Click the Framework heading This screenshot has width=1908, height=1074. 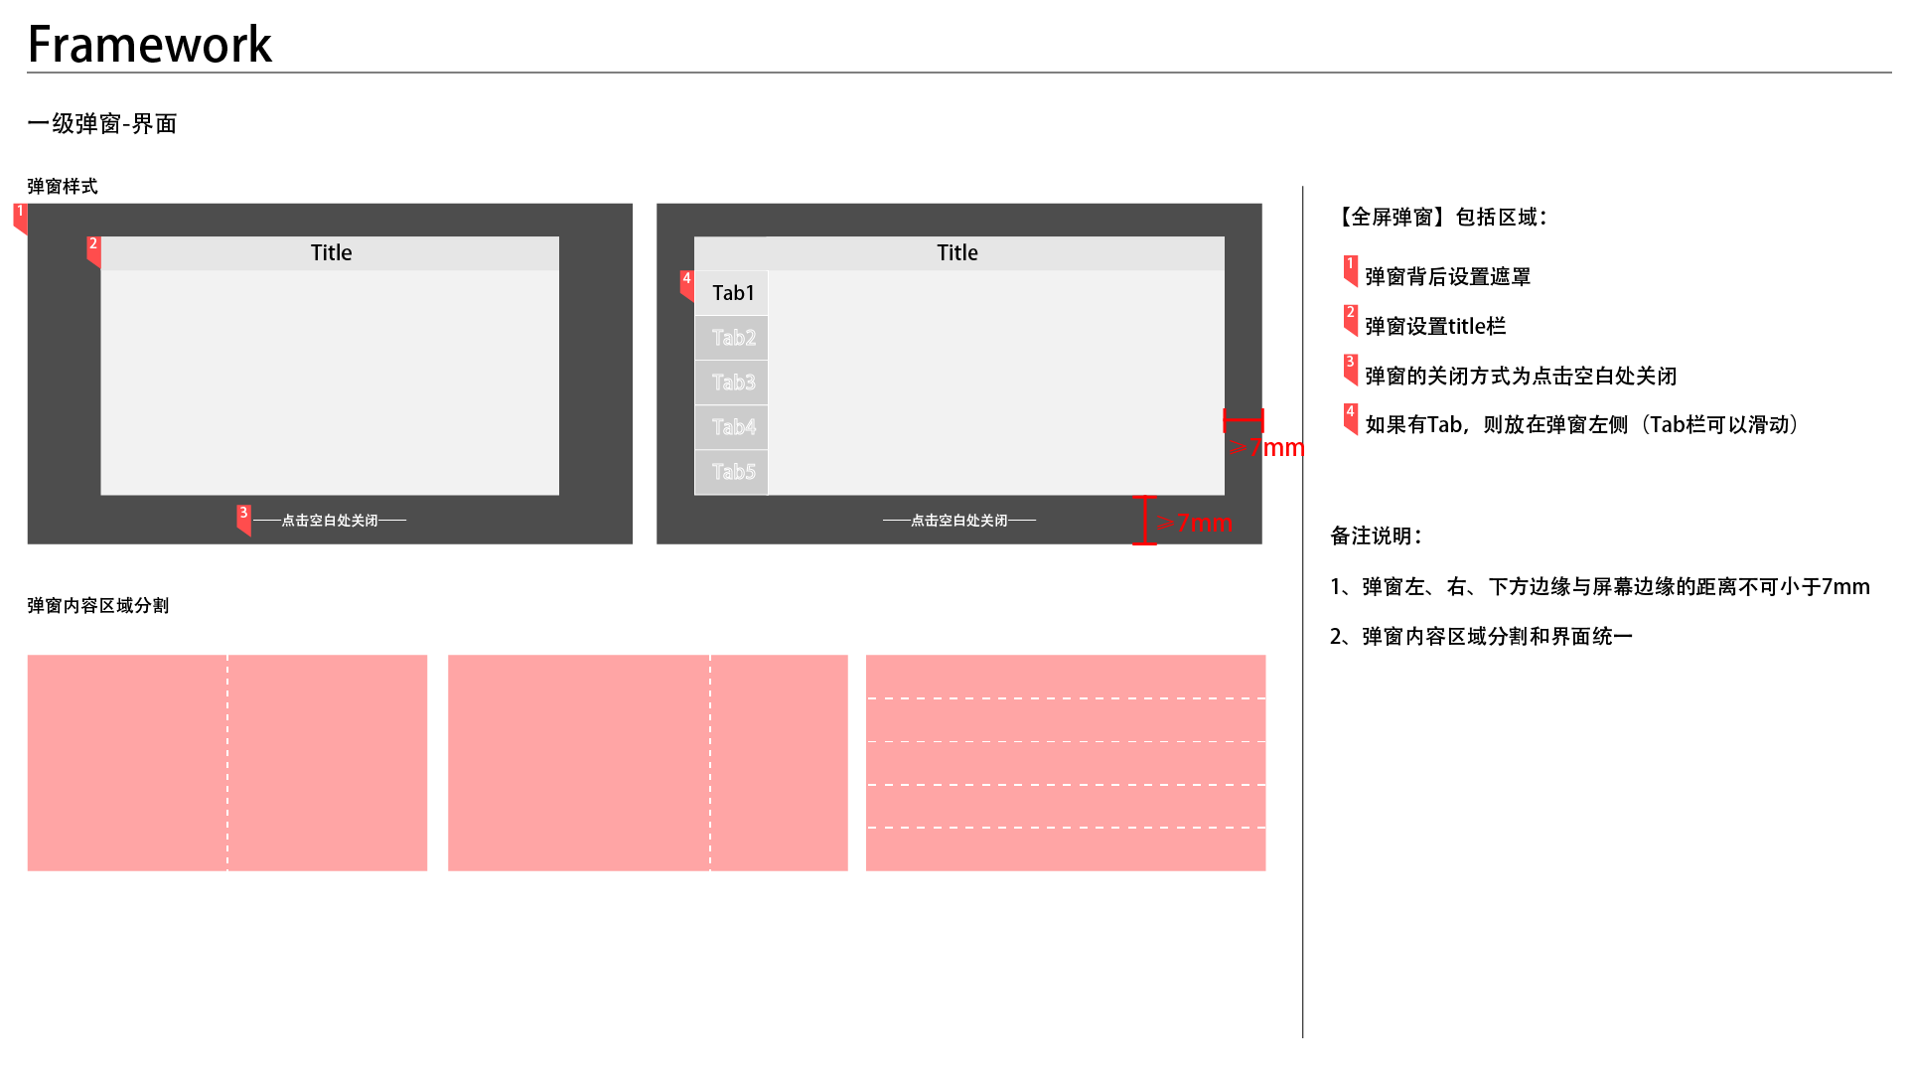coord(150,45)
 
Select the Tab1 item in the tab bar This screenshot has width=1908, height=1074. coord(733,293)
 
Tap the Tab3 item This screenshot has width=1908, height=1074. coord(733,383)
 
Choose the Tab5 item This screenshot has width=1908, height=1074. coord(733,472)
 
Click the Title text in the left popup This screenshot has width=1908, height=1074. coord(331,253)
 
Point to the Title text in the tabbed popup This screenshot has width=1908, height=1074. coord(957,253)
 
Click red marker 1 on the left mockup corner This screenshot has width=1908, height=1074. coord(20,217)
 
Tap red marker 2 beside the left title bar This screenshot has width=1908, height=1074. coord(93,249)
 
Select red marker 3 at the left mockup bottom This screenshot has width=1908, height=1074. coord(243,518)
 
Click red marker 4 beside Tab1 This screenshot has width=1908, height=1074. coord(686,284)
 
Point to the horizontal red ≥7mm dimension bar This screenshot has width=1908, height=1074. coord(1244,420)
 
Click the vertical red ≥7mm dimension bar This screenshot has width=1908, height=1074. coord(1145,520)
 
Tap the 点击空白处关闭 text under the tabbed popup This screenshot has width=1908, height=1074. coord(959,521)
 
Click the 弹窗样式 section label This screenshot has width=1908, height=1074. coord(63,187)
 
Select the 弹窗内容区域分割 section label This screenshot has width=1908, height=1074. coord(98,606)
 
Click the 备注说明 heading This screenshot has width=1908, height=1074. coord(1376,537)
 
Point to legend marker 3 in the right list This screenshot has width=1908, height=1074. coord(1351,368)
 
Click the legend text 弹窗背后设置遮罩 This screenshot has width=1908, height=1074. coord(1447,277)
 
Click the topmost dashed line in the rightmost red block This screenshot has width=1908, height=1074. coord(1066,698)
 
